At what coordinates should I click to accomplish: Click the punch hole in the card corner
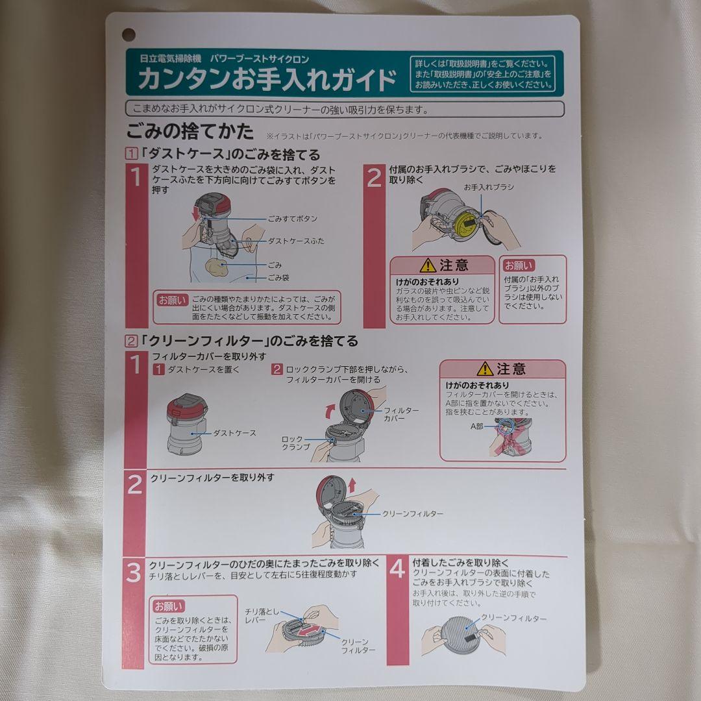129,34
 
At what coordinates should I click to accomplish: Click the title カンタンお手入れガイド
267,80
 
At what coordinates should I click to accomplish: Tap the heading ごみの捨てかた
190,131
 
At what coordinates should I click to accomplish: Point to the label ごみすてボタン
292,219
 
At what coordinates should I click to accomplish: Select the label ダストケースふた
296,241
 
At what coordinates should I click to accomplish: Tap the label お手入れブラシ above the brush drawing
488,187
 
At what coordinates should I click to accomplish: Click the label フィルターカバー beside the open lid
401,415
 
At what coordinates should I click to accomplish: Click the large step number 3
134,573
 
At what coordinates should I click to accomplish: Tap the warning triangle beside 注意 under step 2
427,265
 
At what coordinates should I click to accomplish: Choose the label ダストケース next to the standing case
234,433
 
